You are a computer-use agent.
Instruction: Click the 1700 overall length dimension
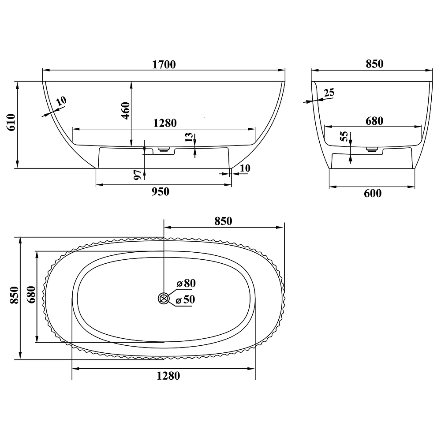pos(164,64)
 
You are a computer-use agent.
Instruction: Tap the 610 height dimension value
pos(11,122)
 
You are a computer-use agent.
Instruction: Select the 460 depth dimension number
pos(126,111)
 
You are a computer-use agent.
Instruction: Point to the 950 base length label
pos(161,192)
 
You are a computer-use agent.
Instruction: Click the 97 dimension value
pos(138,175)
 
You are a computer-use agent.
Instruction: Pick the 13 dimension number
pos(189,138)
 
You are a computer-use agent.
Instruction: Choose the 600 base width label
pos(373,194)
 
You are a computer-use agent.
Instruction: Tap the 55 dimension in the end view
pos(344,136)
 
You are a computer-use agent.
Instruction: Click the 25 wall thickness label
pos(329,92)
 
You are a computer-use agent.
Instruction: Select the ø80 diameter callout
pos(186,283)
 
